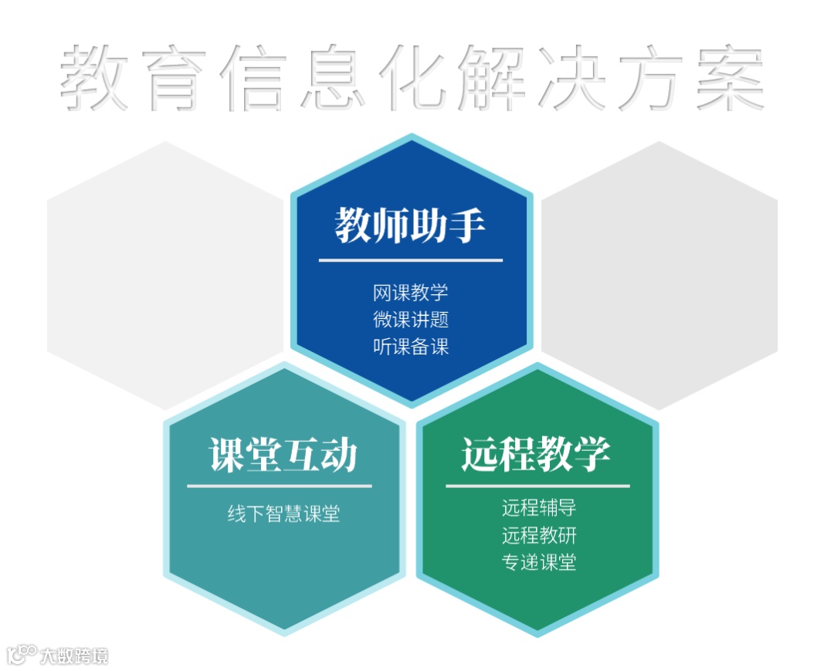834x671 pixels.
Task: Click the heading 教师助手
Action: [x=410, y=225]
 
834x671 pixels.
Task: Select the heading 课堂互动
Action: [x=283, y=454]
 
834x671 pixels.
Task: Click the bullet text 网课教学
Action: [x=410, y=293]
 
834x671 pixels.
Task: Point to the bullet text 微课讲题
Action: [x=410, y=320]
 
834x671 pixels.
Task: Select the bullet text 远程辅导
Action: [x=538, y=508]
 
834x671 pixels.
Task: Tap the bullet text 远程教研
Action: [x=538, y=535]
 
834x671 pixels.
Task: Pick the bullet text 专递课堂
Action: [x=538, y=562]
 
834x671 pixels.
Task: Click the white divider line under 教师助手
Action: [x=410, y=260]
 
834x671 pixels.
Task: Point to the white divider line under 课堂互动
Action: [x=279, y=486]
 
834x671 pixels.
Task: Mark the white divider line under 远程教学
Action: [x=537, y=486]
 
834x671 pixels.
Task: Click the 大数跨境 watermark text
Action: [x=74, y=656]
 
